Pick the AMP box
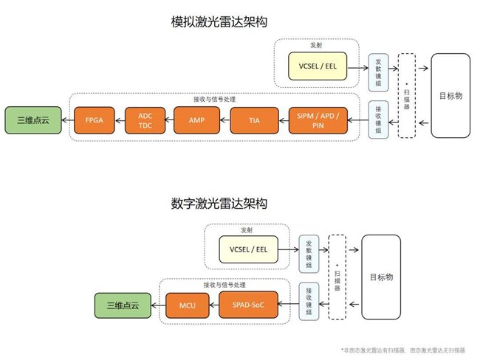click(x=196, y=119)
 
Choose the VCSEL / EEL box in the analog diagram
click(x=318, y=66)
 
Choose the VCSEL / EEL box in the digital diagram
click(x=247, y=249)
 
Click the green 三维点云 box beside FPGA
click(x=27, y=119)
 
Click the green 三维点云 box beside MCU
click(x=120, y=303)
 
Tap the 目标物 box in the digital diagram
click(x=385, y=280)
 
